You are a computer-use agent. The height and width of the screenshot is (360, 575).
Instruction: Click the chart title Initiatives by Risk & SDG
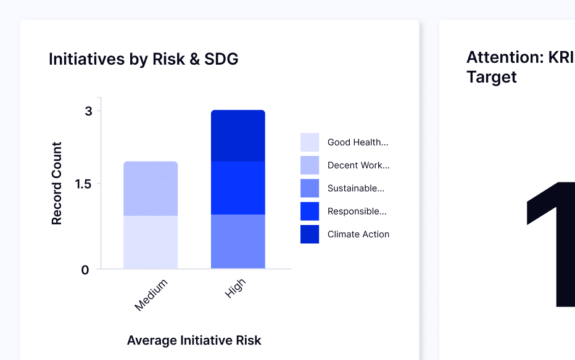143,59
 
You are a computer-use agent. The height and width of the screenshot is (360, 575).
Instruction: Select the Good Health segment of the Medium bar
151,242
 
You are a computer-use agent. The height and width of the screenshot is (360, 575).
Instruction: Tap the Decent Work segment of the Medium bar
151,188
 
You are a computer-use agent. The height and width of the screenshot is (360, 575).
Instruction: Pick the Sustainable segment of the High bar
238,241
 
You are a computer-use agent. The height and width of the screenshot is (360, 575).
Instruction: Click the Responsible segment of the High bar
238,187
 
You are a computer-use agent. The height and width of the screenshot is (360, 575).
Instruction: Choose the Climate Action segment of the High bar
238,136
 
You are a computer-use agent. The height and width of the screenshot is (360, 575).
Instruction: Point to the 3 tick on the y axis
89,111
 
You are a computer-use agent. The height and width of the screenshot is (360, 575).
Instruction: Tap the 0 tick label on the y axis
85,269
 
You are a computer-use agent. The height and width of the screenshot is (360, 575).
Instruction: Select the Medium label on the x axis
151,295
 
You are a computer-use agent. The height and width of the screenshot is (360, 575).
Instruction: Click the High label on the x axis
235,288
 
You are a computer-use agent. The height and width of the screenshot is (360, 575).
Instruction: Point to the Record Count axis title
57,183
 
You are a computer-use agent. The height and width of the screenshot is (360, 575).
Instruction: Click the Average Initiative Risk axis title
194,340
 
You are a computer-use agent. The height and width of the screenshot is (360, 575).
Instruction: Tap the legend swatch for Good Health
310,142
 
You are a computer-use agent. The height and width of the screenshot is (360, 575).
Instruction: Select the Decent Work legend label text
358,165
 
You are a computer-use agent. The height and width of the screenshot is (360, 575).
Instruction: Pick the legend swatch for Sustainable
310,188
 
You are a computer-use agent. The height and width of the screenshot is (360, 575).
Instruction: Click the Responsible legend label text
357,211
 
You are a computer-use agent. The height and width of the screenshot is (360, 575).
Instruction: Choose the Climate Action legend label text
358,234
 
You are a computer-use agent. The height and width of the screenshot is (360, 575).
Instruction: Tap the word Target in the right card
491,77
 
